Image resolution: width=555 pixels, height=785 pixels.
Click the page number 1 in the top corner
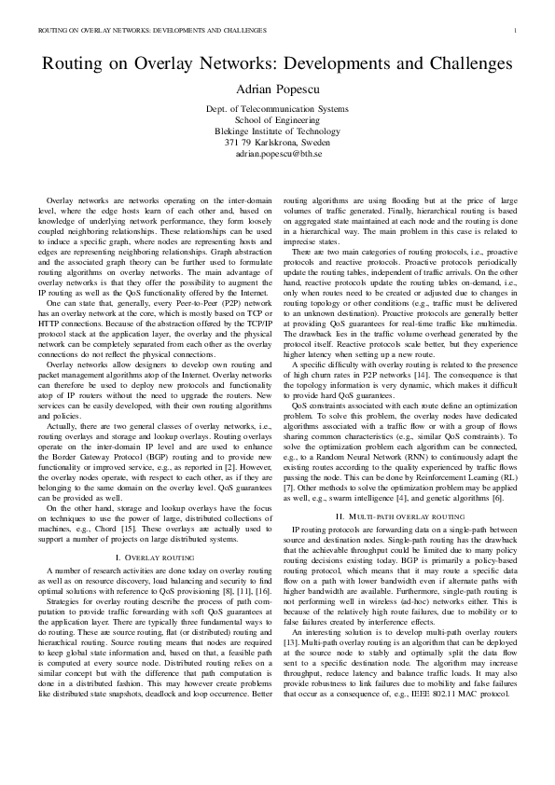point(515,30)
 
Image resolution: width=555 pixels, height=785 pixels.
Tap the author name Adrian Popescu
point(277,90)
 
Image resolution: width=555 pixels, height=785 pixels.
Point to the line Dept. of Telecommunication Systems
point(277,109)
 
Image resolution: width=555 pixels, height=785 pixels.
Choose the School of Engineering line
point(277,120)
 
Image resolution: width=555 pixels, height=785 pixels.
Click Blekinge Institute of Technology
point(277,131)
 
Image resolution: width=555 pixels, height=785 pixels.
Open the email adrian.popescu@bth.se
point(277,154)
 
